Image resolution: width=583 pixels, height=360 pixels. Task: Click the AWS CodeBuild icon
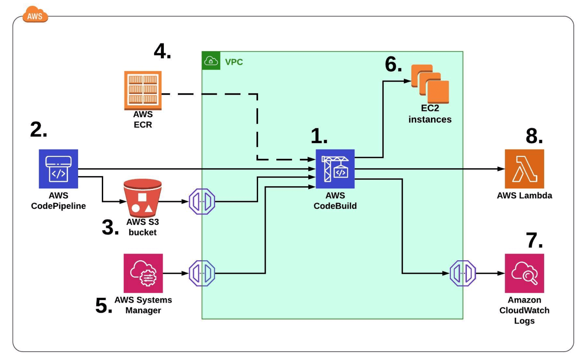335,169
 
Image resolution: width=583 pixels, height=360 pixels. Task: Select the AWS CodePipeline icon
58,169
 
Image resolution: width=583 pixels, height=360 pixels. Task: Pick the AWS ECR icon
143,90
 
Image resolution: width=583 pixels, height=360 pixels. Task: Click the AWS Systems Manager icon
143,273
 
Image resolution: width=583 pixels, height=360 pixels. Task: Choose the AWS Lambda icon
524,169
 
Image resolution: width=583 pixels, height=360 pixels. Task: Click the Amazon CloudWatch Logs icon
524,273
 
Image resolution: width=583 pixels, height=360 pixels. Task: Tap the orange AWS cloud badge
35,15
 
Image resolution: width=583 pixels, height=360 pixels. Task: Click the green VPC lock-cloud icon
211,61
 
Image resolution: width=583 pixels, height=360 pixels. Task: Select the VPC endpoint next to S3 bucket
202,202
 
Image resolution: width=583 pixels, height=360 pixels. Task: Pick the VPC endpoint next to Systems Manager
202,273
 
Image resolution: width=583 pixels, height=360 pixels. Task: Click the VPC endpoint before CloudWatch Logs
463,273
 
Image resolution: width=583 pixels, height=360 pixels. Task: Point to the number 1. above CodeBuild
319,136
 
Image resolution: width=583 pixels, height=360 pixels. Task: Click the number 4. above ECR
163,52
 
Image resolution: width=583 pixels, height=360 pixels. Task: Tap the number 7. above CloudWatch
534,240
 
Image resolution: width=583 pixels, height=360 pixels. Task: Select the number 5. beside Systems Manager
104,305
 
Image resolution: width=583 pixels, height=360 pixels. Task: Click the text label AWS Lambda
524,196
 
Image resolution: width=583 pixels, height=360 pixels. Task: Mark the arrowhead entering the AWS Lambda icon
501,169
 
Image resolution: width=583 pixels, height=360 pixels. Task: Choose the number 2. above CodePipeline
38,130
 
